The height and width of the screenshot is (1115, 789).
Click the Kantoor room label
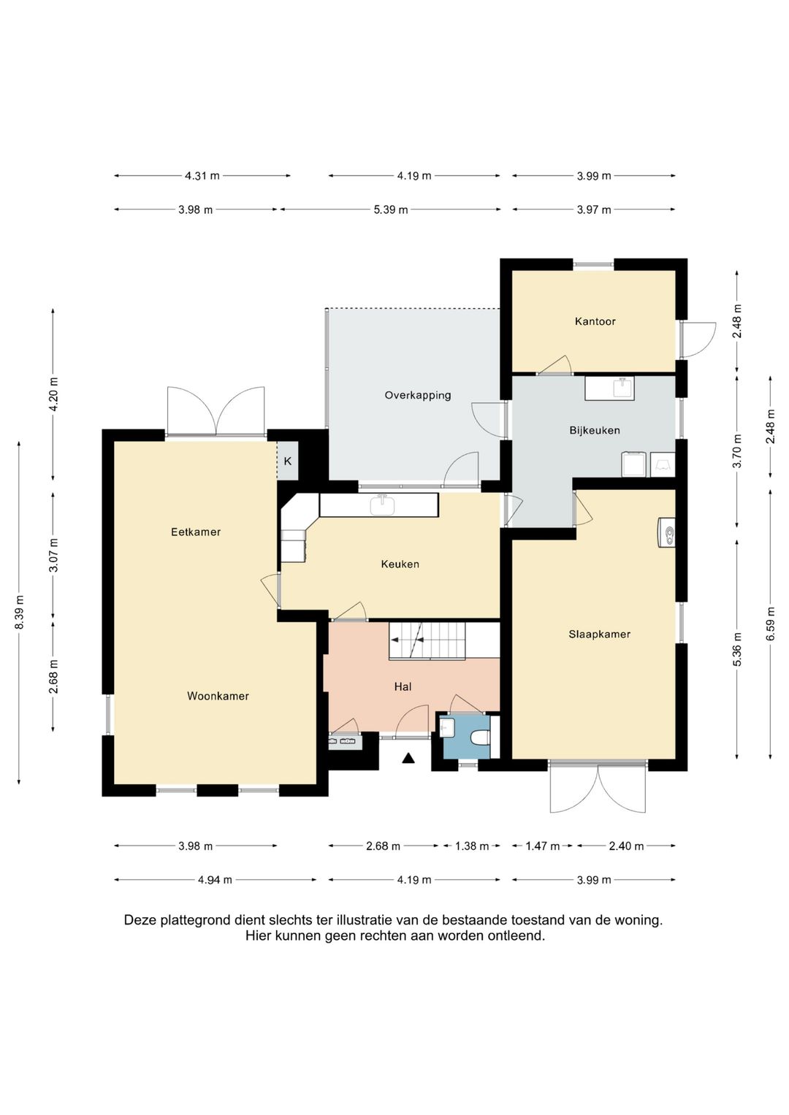(x=595, y=321)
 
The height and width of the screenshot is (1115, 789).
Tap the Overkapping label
(x=417, y=395)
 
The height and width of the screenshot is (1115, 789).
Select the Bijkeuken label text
(x=595, y=430)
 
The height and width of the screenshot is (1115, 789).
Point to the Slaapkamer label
(x=599, y=634)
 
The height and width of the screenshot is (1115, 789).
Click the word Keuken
(x=400, y=564)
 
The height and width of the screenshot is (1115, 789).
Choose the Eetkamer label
(x=196, y=532)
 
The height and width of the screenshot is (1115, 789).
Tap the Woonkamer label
(x=218, y=696)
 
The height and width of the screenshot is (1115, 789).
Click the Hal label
(x=403, y=687)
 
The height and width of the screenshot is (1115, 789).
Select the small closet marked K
(x=287, y=461)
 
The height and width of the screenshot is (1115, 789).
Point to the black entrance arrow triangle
(x=408, y=758)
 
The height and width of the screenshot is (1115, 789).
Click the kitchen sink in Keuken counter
(x=382, y=505)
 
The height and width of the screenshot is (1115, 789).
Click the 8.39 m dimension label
(x=20, y=612)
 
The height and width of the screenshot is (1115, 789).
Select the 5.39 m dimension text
(x=391, y=210)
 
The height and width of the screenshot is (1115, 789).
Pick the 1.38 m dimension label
(x=472, y=846)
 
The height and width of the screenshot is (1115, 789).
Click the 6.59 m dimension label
(x=771, y=624)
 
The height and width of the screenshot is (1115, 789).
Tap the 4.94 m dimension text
(x=216, y=880)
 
